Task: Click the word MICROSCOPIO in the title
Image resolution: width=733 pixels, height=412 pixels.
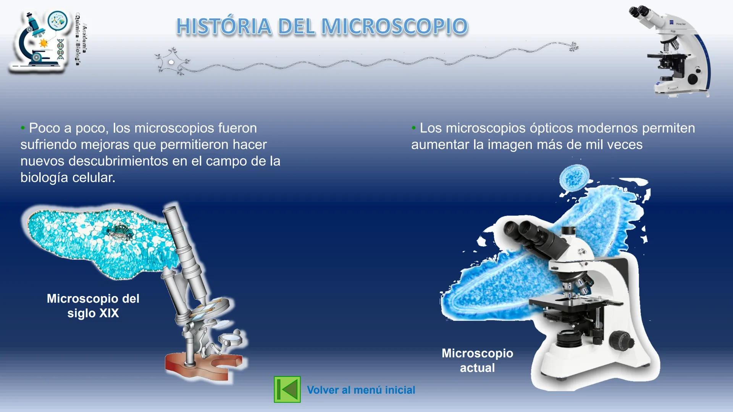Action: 394,27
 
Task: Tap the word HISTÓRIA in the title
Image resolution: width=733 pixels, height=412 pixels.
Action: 224,27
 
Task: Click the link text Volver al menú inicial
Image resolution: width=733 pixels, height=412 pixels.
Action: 361,390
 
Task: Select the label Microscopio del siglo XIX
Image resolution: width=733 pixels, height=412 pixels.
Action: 93,306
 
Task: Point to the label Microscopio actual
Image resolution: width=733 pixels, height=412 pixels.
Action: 477,360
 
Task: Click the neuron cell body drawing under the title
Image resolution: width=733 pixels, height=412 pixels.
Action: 171,62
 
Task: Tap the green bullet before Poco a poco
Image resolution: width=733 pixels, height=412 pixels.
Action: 23,127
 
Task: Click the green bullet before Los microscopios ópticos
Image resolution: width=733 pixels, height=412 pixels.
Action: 414,127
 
